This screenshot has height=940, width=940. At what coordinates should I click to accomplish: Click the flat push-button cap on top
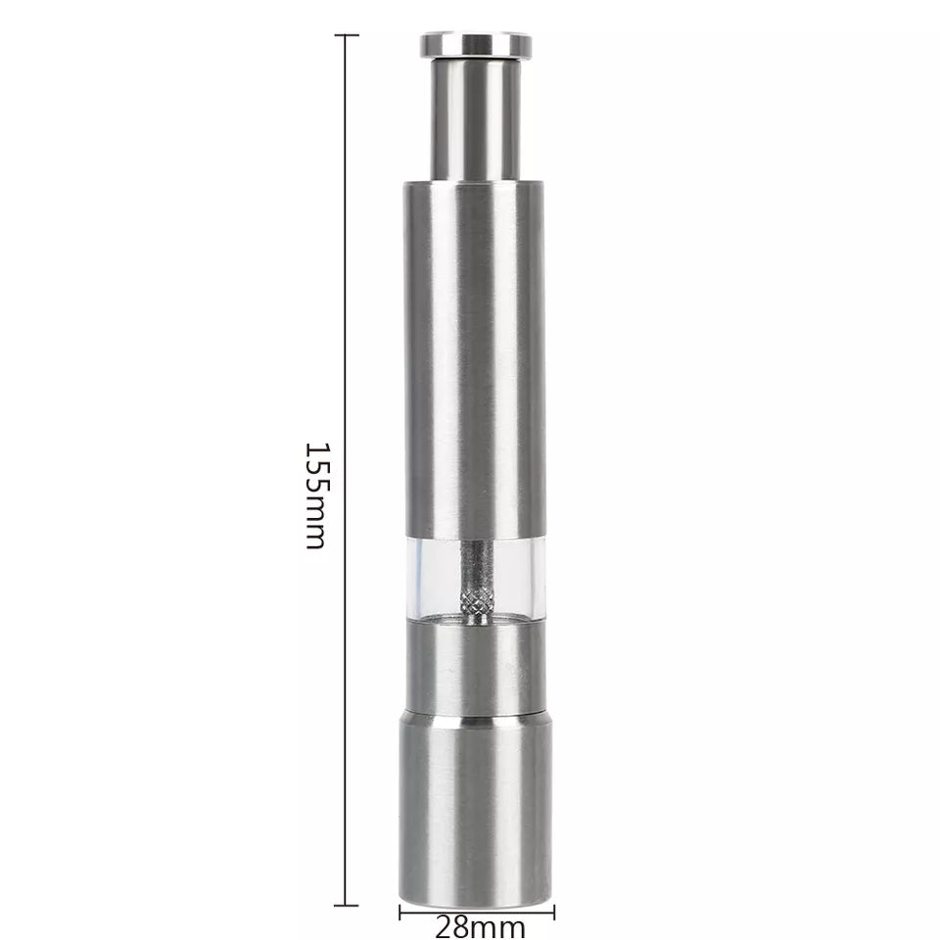pos(476,45)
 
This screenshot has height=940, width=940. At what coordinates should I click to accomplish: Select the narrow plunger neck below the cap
pos(476,117)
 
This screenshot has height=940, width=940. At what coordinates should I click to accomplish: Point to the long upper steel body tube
pos(475,352)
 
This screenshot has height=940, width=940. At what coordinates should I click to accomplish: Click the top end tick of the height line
pos(346,35)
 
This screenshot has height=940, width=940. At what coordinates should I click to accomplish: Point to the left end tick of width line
pos(400,913)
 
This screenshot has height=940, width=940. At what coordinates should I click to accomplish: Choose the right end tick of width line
pos(553,913)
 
